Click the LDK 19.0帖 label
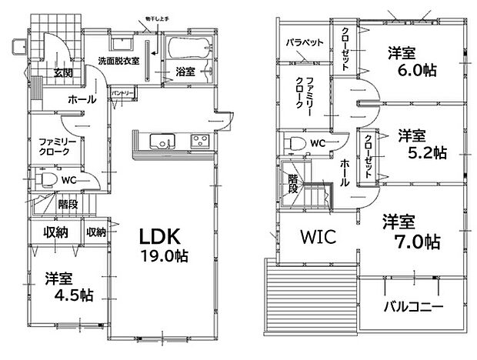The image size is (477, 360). (x=164, y=245)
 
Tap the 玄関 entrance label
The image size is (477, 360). (x=64, y=73)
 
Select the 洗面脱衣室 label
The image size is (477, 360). (x=118, y=61)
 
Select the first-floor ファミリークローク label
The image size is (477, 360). (x=55, y=147)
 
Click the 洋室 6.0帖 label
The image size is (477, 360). (x=412, y=62)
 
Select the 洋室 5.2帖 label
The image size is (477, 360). (x=420, y=144)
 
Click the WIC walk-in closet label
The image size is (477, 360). (x=315, y=238)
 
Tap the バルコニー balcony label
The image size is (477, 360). (x=413, y=306)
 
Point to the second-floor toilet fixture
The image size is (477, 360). (x=294, y=144)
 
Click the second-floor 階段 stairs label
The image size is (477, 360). (x=292, y=185)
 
